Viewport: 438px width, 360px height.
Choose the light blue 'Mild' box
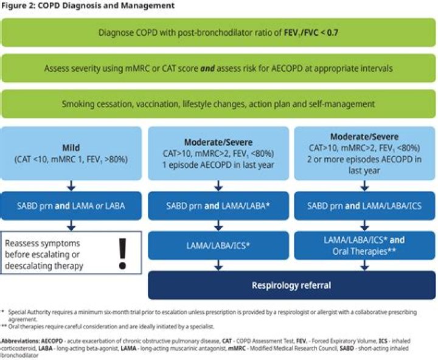pyautogui.click(x=71, y=153)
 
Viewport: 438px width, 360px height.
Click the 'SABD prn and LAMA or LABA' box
pyautogui.click(x=71, y=206)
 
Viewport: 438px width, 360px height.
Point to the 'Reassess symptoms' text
pyautogui.click(x=43, y=243)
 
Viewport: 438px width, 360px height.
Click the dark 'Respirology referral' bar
pyautogui.click(x=292, y=285)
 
